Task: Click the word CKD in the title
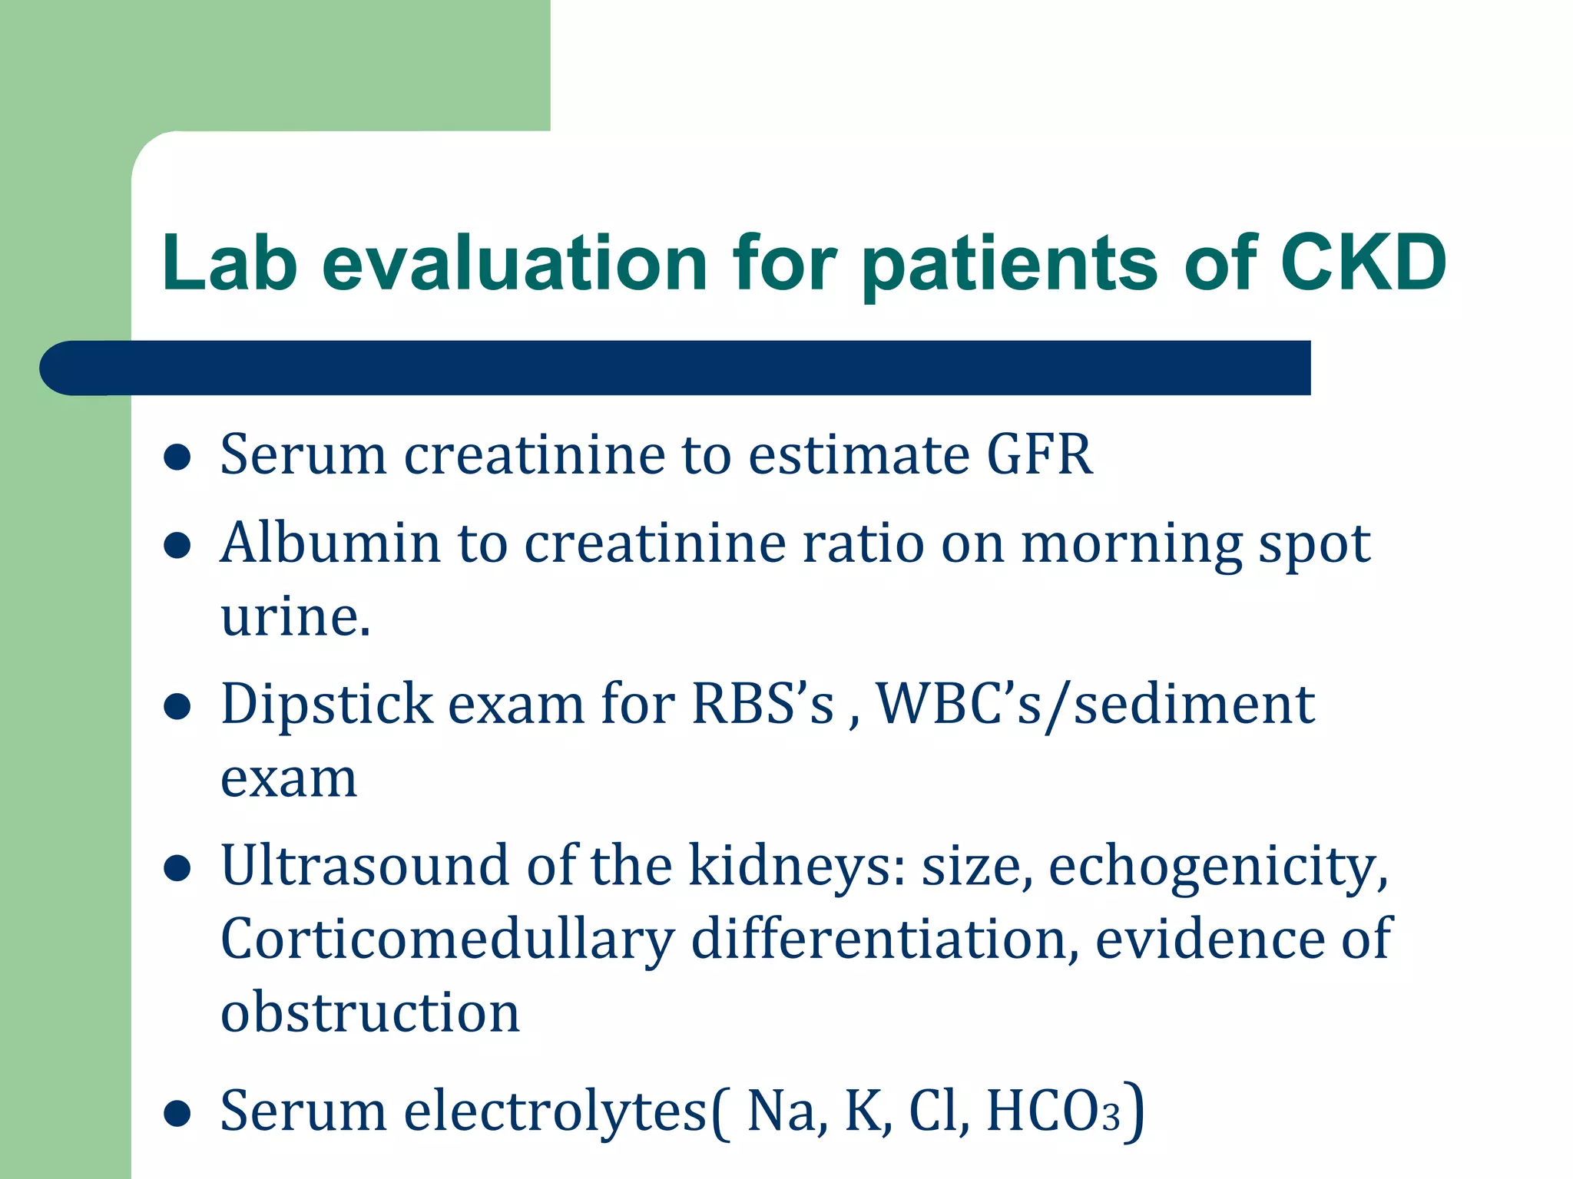tap(1363, 263)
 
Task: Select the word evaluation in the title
tap(514, 263)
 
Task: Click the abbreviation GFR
tap(1039, 454)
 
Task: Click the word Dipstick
tap(326, 705)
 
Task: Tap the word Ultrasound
tap(365, 866)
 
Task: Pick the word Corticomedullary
tap(447, 940)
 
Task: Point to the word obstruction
tap(370, 1012)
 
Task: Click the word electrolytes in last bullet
tap(555, 1111)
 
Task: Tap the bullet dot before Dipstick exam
tap(177, 706)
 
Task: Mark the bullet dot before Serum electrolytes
tap(177, 1113)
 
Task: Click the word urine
tap(294, 616)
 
